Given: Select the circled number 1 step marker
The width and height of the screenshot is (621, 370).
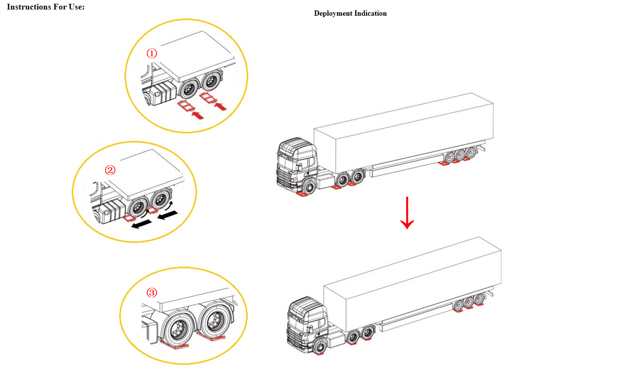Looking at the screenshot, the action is coord(152,53).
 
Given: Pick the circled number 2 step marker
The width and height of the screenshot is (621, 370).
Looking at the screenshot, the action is coord(110,170).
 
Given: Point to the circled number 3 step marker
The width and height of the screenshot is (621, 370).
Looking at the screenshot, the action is coord(152,293).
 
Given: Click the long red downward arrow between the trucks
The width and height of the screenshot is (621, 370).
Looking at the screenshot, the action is coord(407,213).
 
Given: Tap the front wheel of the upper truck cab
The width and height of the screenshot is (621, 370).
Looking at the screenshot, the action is coord(310,188).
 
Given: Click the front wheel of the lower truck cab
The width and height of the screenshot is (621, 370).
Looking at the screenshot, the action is coord(320,347).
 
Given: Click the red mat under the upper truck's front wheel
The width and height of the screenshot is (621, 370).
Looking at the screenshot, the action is coord(302,194).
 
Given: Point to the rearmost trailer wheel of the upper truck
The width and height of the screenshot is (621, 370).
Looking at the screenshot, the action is coord(471,152).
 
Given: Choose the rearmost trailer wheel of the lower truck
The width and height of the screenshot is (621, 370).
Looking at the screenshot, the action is coord(479,299).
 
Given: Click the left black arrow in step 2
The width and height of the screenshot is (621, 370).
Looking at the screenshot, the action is coord(142,224).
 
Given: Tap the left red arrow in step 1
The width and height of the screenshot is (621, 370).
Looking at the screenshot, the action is coord(198,115).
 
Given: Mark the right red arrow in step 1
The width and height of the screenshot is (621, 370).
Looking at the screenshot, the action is coord(221,106).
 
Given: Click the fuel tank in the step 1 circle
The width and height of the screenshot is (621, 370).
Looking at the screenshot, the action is coord(164,93).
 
